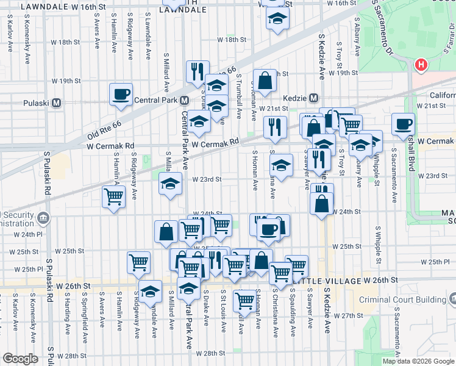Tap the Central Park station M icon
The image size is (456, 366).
(x=183, y=100)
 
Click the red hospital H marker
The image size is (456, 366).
(x=420, y=65)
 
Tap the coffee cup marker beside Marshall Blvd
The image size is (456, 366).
(x=402, y=124)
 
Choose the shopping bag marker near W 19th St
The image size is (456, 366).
(x=265, y=80)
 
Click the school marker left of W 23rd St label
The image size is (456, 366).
(x=171, y=183)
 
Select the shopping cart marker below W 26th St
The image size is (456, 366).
(x=244, y=300)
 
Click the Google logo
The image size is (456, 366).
(x=20, y=359)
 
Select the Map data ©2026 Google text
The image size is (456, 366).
(x=418, y=361)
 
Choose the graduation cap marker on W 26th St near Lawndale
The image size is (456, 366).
(x=150, y=290)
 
